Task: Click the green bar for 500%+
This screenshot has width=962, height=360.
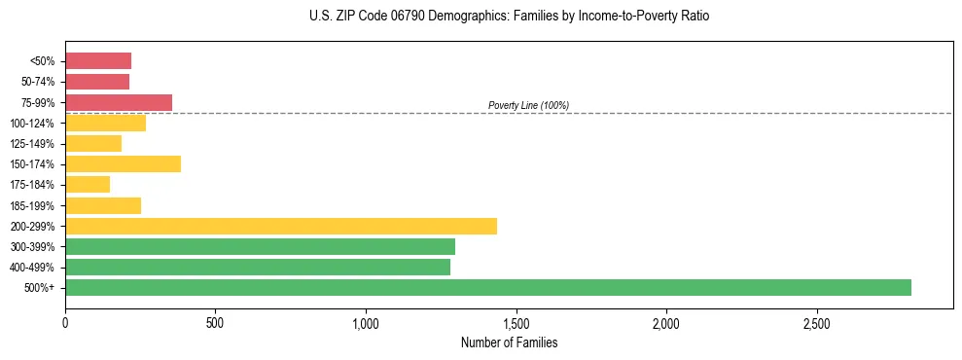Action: click(487, 287)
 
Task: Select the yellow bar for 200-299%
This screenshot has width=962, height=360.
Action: click(281, 226)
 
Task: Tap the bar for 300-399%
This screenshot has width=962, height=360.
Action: click(260, 246)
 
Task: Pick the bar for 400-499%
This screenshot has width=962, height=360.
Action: click(258, 267)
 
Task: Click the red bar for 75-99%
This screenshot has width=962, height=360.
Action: click(119, 102)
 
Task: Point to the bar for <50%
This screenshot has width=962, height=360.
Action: click(98, 60)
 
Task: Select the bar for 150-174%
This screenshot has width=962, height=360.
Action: click(123, 163)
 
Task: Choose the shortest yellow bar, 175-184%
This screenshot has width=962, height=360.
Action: click(88, 184)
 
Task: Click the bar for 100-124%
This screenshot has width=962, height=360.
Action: click(105, 123)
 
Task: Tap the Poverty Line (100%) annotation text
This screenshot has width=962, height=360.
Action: click(528, 105)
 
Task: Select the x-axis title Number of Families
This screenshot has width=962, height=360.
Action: click(509, 342)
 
